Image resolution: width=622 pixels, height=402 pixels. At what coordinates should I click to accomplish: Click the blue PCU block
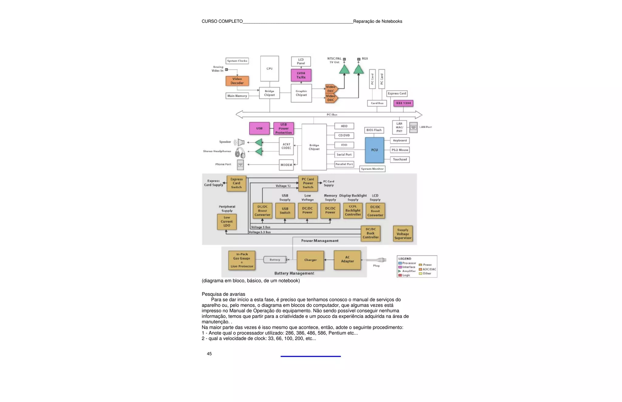click(x=374, y=150)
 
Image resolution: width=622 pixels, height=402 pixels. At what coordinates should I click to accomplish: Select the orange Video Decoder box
click(x=237, y=81)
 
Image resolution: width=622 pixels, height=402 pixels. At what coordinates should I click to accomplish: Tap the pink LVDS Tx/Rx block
click(x=301, y=75)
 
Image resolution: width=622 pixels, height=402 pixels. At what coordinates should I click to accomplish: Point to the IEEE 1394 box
click(x=403, y=103)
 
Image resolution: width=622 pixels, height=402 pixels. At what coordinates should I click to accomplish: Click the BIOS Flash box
click(x=374, y=130)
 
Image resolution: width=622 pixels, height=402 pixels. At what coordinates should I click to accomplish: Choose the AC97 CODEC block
click(x=286, y=146)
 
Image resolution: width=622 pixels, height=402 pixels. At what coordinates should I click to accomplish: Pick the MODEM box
click(x=286, y=165)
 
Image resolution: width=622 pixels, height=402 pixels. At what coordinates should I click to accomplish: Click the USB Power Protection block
click(x=283, y=129)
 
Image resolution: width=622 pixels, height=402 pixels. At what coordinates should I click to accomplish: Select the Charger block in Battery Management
click(x=310, y=260)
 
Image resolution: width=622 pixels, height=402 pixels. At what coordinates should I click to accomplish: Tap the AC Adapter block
click(x=347, y=260)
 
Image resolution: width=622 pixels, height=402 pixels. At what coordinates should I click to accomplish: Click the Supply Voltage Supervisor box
click(x=403, y=234)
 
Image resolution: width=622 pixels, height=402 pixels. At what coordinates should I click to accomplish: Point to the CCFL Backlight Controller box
click(x=353, y=211)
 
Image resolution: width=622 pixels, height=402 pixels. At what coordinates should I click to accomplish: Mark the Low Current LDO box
click(x=227, y=221)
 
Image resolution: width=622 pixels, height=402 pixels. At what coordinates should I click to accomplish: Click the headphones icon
click(x=240, y=153)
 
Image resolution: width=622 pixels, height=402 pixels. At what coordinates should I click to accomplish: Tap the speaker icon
click(x=240, y=142)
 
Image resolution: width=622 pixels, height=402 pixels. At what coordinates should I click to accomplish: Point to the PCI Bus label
click(x=332, y=115)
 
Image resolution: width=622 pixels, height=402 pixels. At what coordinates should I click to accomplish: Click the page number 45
click(x=209, y=354)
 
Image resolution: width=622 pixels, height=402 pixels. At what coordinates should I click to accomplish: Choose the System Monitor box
click(x=372, y=169)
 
